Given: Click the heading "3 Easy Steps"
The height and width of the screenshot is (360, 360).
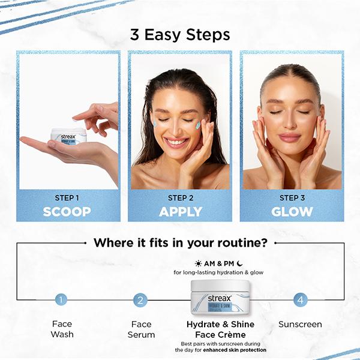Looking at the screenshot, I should click(x=179, y=34).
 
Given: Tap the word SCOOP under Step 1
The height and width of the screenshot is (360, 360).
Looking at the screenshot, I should click(x=67, y=211).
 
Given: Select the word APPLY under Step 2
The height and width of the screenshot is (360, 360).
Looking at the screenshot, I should click(x=179, y=211).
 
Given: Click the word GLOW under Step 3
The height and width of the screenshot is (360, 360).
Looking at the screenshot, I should click(x=292, y=211).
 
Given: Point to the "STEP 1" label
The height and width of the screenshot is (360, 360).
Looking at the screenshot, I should click(x=67, y=197).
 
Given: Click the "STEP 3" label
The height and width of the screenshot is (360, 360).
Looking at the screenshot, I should click(x=292, y=197).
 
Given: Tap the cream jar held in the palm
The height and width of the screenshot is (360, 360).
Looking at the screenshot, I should click(x=68, y=136).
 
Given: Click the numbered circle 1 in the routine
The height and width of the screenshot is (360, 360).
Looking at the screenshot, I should click(x=61, y=300).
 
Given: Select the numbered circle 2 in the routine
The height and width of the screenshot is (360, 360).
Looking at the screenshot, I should click(x=141, y=300).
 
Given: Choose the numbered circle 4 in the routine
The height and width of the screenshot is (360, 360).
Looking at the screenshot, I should click(x=300, y=300).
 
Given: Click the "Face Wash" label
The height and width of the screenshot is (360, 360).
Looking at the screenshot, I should click(x=62, y=329).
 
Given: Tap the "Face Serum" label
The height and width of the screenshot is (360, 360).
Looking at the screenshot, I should click(x=141, y=329).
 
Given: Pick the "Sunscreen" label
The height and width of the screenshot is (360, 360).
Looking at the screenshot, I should click(x=300, y=325).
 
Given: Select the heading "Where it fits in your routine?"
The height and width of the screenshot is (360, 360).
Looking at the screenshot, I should click(x=180, y=243).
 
